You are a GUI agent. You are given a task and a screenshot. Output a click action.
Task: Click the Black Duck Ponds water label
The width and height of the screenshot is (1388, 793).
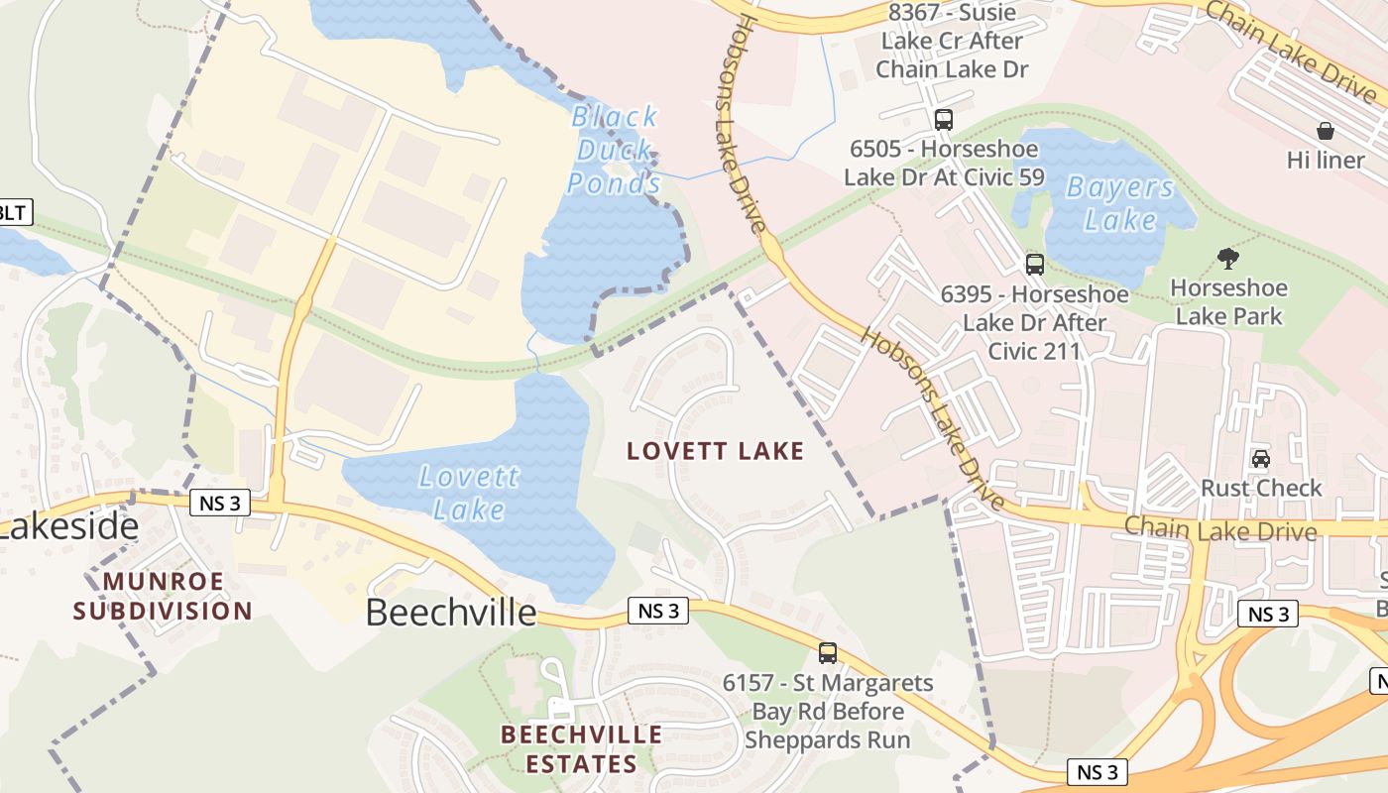pos(615,150)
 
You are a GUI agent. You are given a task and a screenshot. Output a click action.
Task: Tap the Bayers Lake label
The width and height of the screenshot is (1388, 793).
pos(1120,203)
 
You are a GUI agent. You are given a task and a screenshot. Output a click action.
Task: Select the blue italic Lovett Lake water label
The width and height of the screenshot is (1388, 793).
pos(469,493)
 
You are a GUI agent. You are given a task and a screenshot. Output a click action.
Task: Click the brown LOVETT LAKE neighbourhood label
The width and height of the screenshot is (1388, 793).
pos(715,452)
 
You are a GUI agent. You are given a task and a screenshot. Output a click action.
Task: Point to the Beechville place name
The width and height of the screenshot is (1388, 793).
pos(451,612)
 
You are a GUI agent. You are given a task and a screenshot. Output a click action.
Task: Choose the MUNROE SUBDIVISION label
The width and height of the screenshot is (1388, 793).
pos(163,596)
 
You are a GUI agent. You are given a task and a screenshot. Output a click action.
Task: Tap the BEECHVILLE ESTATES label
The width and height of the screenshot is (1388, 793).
pos(582,749)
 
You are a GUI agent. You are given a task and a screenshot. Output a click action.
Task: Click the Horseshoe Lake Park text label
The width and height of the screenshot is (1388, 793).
pos(1228,302)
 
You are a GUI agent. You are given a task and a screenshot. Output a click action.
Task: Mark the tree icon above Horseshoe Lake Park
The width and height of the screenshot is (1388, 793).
pos(1228,260)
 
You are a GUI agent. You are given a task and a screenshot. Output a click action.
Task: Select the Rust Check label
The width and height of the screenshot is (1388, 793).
pos(1261,488)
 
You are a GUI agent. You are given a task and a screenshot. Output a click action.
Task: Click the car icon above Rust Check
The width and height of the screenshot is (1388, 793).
pos(1261,459)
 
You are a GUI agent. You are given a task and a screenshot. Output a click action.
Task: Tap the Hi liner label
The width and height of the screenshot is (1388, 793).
pos(1326,160)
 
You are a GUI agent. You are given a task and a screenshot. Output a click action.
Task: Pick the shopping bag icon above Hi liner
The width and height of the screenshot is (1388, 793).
pos(1326,131)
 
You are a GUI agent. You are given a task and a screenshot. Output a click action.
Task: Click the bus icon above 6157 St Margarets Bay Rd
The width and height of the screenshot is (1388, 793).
pos(828,653)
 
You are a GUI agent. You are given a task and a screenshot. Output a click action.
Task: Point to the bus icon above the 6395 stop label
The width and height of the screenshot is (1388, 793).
pos(1035,265)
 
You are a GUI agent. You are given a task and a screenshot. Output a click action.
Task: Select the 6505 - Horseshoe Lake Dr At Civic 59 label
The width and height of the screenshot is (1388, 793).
pos(944,163)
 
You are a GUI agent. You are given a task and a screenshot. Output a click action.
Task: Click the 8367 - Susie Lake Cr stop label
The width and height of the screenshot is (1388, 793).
pos(952,41)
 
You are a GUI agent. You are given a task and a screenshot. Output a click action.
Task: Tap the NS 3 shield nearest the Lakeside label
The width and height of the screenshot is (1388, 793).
pos(220,503)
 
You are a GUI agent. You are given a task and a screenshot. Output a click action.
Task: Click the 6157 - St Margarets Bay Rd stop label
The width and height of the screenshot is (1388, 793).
pos(828,711)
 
